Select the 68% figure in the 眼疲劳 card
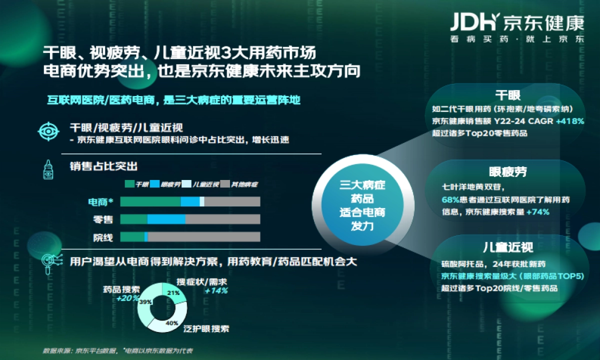[448, 199]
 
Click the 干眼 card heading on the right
[507, 95]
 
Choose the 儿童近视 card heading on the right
[507, 247]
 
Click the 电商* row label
[101, 202]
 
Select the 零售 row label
[103, 219]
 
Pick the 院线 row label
[103, 237]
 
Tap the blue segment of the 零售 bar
[166, 219]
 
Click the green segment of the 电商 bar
[150, 201]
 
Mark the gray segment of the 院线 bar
[204, 237]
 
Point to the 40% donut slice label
[172, 323]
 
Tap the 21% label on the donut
[173, 293]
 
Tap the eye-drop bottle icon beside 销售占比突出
[49, 169]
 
